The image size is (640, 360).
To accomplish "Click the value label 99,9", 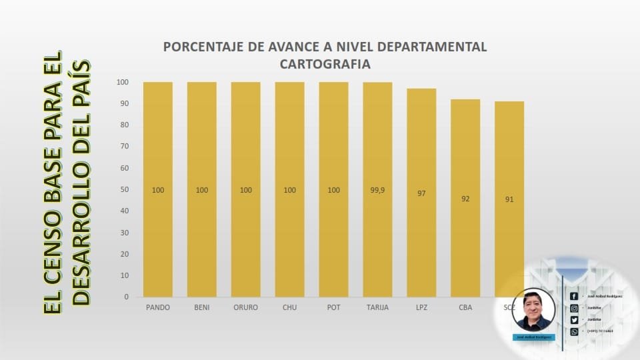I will (x=377, y=190).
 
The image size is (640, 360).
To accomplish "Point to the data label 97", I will (x=421, y=193).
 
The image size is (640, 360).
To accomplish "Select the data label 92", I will (x=465, y=198).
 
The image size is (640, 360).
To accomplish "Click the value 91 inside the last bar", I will (x=509, y=199).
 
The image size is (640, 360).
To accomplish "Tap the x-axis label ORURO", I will (x=246, y=307).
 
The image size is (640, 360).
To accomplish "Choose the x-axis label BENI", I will (x=202, y=307).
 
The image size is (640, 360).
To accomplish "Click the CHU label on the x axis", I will (x=289, y=307).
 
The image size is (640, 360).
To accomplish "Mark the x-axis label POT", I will (x=333, y=307).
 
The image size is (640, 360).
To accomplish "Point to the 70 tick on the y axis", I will (x=123, y=147).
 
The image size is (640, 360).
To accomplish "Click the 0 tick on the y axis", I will (x=125, y=297).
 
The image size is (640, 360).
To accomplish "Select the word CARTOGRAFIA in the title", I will (x=325, y=65).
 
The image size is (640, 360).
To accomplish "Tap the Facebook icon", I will (x=574, y=296).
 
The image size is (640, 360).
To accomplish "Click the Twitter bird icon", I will (x=574, y=320).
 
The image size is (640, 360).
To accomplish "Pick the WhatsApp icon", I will (x=574, y=331).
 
